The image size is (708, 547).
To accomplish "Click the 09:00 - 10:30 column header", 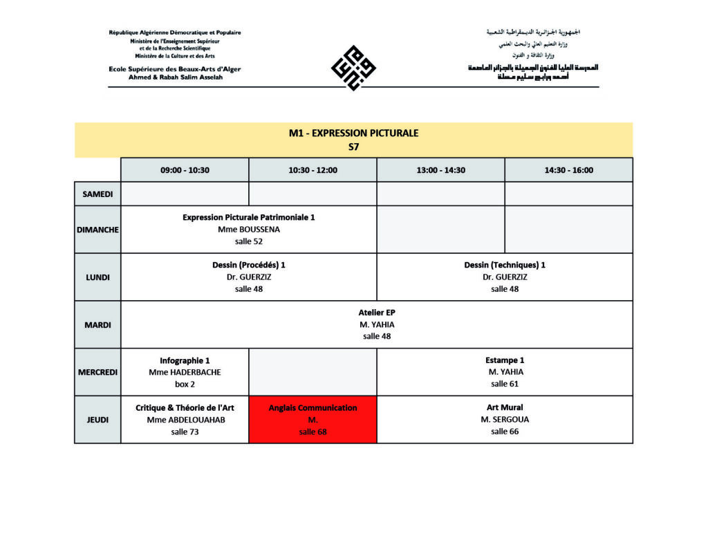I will pos(185,170).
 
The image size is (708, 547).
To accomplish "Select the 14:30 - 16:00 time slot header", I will pos(568,170).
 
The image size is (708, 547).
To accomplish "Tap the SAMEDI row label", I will pos(97,194).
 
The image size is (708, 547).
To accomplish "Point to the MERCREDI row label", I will pos(97,372).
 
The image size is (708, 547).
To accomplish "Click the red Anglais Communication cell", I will pos(313,419).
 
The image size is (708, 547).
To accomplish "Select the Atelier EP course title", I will pos(377,313).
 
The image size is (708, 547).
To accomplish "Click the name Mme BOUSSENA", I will pos(248,229).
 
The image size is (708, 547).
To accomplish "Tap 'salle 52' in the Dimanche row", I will pos(248,241).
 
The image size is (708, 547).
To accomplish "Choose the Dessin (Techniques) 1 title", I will pos(505,265).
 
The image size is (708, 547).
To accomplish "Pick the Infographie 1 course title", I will pos(185,360).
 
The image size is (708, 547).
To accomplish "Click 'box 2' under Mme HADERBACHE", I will pos(185,384).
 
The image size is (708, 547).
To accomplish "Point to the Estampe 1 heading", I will pos(505,360).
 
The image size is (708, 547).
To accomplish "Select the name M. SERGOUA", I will pos(505,420).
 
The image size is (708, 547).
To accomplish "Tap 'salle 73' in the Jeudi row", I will pos(185,432).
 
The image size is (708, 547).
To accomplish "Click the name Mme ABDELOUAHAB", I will pos(185,420).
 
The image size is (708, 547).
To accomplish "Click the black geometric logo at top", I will pos(353,68).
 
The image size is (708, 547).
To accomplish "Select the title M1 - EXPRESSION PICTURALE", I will pos(353,133).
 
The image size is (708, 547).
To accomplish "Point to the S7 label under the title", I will pos(353,147).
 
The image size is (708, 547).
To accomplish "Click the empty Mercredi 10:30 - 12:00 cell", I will pos(313,372).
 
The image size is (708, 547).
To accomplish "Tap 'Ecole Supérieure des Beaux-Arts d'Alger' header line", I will pos(174,69).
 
